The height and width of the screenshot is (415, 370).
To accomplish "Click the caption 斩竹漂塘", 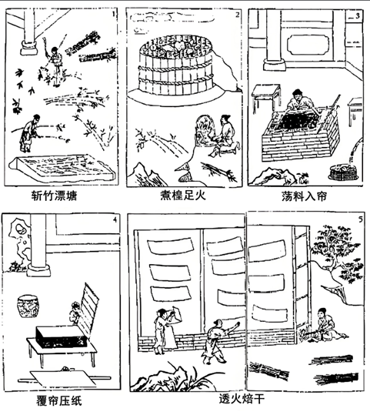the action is coord(54,196).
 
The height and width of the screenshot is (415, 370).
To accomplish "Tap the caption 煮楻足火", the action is coord(183,196).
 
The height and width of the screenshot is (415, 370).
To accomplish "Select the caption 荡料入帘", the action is coord(304,196).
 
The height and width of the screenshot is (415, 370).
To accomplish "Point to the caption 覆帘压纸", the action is coord(58,400).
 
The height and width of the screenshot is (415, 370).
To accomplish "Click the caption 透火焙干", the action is coord(242,399).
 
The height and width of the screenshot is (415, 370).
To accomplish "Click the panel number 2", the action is coord(237,15).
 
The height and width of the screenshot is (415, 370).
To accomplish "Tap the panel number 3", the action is coord(357,16).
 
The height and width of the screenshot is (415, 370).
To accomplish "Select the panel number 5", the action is coord(361,219).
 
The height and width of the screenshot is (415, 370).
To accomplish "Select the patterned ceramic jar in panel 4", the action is coord(28,307).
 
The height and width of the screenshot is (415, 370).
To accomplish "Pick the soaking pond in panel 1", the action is coord(62,167).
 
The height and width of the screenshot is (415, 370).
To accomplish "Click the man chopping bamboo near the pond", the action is coord(30,133).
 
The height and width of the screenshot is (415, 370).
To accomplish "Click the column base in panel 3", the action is coord(275,65).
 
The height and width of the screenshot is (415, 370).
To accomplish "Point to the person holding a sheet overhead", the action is coord(165,331).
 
